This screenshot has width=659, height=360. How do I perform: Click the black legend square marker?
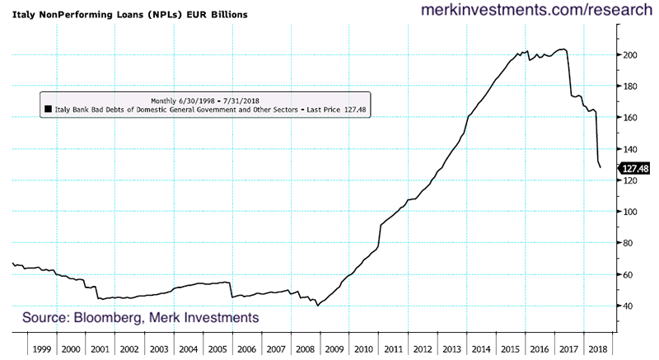coord(49,108)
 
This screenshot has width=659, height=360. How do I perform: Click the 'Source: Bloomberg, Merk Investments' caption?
coord(140,317)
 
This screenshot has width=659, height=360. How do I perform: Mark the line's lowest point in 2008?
coord(318,306)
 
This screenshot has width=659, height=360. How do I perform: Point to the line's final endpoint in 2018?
coord(601,168)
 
